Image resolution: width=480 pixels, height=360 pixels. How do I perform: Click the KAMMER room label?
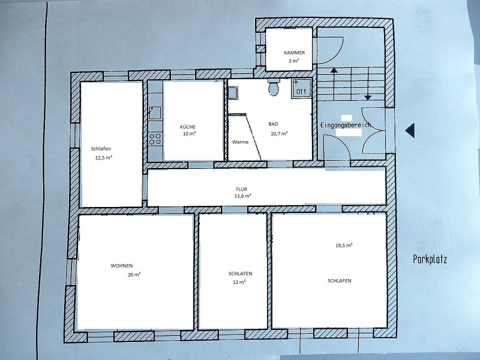[x=294, y=53]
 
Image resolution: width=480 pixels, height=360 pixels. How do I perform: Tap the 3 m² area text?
[x=293, y=61]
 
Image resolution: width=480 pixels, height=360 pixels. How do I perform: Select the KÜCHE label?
[x=188, y=127]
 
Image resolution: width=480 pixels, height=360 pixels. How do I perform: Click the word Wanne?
[x=241, y=142]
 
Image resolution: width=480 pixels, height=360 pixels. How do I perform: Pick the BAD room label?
[x=274, y=124]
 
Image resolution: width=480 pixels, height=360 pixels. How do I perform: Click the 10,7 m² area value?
[x=279, y=133]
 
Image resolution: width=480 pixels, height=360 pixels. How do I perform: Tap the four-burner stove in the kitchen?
[x=155, y=139]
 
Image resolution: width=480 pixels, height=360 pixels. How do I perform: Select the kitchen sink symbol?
[x=155, y=113]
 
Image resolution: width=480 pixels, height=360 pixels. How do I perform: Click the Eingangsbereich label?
[x=346, y=125]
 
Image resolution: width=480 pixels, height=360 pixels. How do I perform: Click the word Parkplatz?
[x=430, y=260]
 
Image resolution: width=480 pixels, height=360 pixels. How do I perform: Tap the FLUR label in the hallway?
[x=242, y=189]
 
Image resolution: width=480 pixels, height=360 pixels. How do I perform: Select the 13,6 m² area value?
[x=243, y=196]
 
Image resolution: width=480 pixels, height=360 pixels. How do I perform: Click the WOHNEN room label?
[x=122, y=266]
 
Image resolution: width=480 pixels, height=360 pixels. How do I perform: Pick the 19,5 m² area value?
[x=344, y=245]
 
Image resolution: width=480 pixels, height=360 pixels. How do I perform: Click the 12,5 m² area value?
[x=103, y=158]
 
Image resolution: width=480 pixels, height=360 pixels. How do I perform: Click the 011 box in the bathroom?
[x=301, y=88]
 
